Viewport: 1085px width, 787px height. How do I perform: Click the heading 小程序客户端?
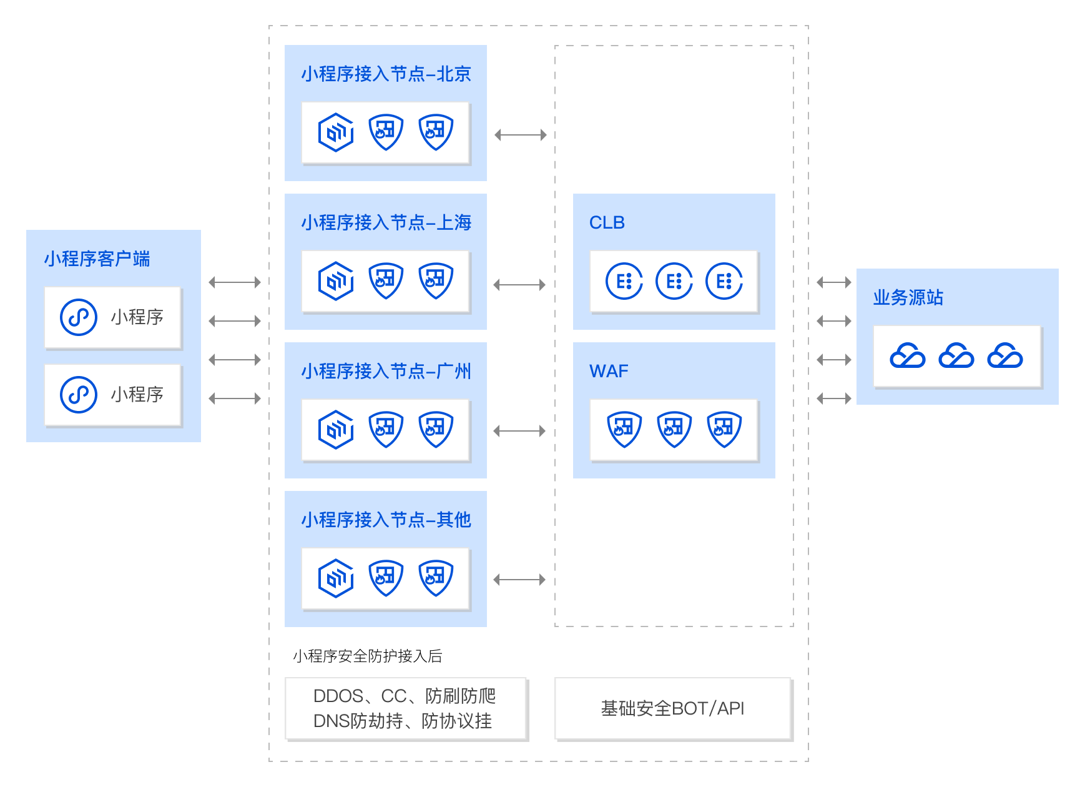[x=97, y=259]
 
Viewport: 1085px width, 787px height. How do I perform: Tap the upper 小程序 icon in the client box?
[x=79, y=317]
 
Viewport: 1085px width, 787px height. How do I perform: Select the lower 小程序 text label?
[x=137, y=394]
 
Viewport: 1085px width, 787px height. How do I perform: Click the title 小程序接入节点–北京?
[x=386, y=74]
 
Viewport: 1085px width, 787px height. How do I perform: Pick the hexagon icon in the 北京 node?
[x=336, y=132]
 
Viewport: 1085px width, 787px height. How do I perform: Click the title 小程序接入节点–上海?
[x=386, y=223]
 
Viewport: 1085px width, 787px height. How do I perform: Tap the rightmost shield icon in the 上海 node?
[x=435, y=280]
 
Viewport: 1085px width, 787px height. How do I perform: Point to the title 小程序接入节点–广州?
[x=386, y=372]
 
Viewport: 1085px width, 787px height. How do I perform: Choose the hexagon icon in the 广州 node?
[x=336, y=429]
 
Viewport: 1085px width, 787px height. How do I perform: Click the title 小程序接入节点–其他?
[x=386, y=520]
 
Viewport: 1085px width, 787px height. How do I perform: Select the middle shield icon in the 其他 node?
[x=386, y=578]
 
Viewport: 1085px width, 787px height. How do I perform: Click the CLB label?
[x=607, y=223]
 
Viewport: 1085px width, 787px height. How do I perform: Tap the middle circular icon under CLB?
[x=674, y=281]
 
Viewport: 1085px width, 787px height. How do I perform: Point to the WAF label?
[x=609, y=372]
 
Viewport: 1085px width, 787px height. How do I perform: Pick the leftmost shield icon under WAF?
[x=624, y=429]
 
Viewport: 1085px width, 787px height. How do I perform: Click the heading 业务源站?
[x=908, y=298]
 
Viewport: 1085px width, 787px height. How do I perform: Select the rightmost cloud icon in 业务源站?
[x=1005, y=356]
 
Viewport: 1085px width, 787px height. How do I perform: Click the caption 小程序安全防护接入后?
[x=367, y=656]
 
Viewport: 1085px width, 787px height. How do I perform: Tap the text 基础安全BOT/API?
[x=672, y=709]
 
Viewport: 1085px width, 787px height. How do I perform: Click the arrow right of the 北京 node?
[x=521, y=135]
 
